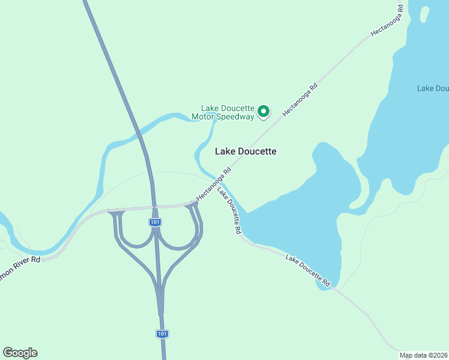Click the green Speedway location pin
point(263,111)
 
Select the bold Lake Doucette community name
point(246,151)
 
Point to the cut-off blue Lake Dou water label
point(433,88)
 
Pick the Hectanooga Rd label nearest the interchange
point(214,184)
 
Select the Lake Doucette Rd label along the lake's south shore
point(308,270)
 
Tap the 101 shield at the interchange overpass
point(155,222)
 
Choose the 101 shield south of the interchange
point(162,334)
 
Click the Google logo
point(20,353)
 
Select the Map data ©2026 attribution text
point(424,355)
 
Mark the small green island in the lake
point(425,13)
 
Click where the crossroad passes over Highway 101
point(154,207)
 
